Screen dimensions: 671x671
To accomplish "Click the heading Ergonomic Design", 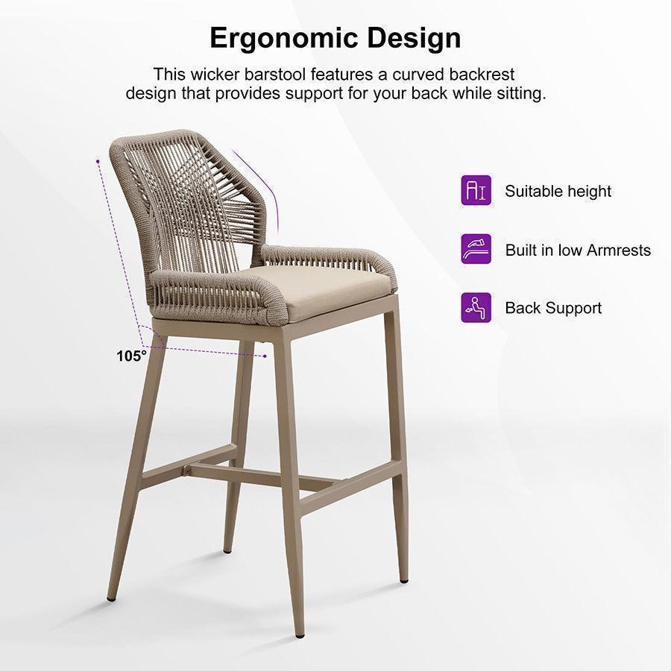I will click(x=335, y=37).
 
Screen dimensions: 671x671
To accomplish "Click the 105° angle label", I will click(x=131, y=356).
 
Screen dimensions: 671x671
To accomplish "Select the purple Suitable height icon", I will click(x=476, y=191).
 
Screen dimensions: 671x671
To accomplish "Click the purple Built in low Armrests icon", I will click(x=476, y=249).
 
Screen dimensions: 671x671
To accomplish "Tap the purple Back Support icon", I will click(x=476, y=307).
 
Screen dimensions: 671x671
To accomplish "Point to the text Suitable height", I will click(x=558, y=191).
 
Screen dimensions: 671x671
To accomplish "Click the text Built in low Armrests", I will click(x=578, y=250).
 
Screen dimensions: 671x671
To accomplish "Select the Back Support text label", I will click(x=553, y=308).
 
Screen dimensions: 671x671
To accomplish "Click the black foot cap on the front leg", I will click(x=299, y=632).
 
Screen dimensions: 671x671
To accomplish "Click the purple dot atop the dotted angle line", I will click(x=98, y=160).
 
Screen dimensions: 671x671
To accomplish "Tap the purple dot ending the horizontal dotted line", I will click(x=265, y=356).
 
